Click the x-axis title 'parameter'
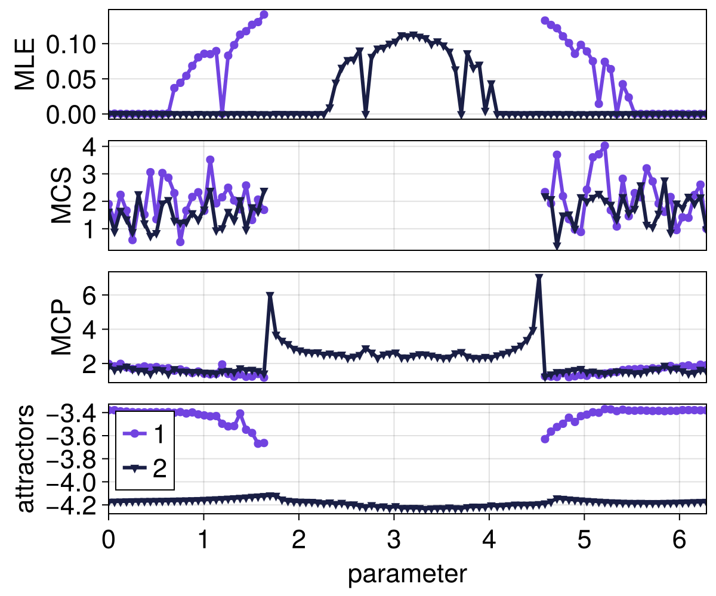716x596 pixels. [407, 574]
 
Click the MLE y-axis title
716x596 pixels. [25, 64]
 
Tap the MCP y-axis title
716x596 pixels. [61, 327]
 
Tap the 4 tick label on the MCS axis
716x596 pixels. [94, 146]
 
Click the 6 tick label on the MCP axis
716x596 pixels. [94, 295]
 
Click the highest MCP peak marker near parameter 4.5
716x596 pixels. [539, 278]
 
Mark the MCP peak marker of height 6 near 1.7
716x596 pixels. [270, 295]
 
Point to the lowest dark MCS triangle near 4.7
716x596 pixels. [557, 245]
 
